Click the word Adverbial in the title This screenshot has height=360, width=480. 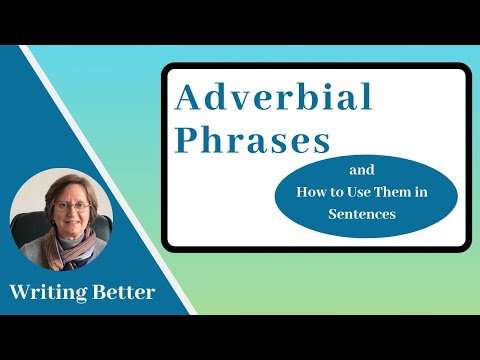click(x=274, y=98)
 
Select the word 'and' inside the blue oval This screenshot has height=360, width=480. click(x=364, y=171)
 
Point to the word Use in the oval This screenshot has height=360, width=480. click(x=357, y=193)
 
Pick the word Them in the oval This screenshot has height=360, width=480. click(x=391, y=193)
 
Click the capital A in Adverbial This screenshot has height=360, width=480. click(x=188, y=98)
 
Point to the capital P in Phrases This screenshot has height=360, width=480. click(x=186, y=139)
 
